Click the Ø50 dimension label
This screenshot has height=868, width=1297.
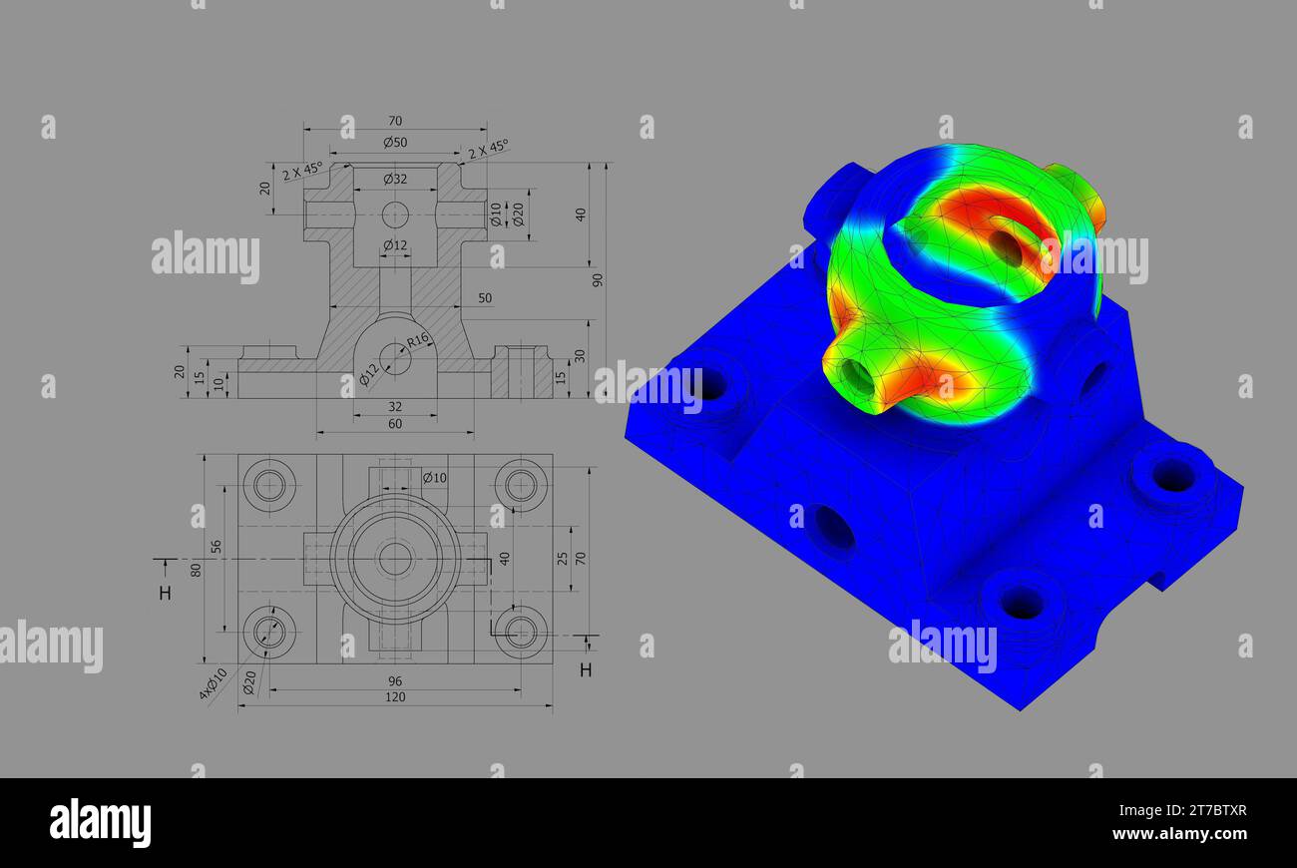pyautogui.click(x=395, y=143)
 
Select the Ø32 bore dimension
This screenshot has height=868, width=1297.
pyautogui.click(x=395, y=180)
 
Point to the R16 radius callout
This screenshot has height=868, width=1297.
pyautogui.click(x=417, y=339)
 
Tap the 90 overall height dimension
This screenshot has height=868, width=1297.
pyautogui.click(x=598, y=279)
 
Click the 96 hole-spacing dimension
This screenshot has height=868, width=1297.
pyautogui.click(x=395, y=680)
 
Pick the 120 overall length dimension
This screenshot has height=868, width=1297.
pyautogui.click(x=395, y=697)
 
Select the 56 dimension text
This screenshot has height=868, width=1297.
pyautogui.click(x=216, y=548)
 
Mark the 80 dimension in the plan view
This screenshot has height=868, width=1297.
pyautogui.click(x=197, y=570)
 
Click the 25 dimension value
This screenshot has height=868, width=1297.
pyautogui.click(x=563, y=558)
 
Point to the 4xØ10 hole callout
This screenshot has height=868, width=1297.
pyautogui.click(x=214, y=683)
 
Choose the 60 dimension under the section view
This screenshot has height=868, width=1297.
pyautogui.click(x=395, y=424)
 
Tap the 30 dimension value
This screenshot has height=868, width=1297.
pyautogui.click(x=580, y=356)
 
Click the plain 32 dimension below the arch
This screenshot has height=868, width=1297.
pyautogui.click(x=395, y=407)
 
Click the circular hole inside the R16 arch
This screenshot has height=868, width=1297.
pyautogui.click(x=395, y=359)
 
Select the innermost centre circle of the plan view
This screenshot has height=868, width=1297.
pyautogui.click(x=395, y=559)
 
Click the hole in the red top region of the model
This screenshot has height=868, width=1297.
pyautogui.click(x=1006, y=247)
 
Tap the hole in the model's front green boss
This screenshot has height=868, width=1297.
pyautogui.click(x=857, y=376)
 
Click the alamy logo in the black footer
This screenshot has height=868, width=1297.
pyautogui.click(x=101, y=823)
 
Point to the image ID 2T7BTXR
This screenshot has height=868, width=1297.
pyautogui.click(x=1201, y=810)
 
